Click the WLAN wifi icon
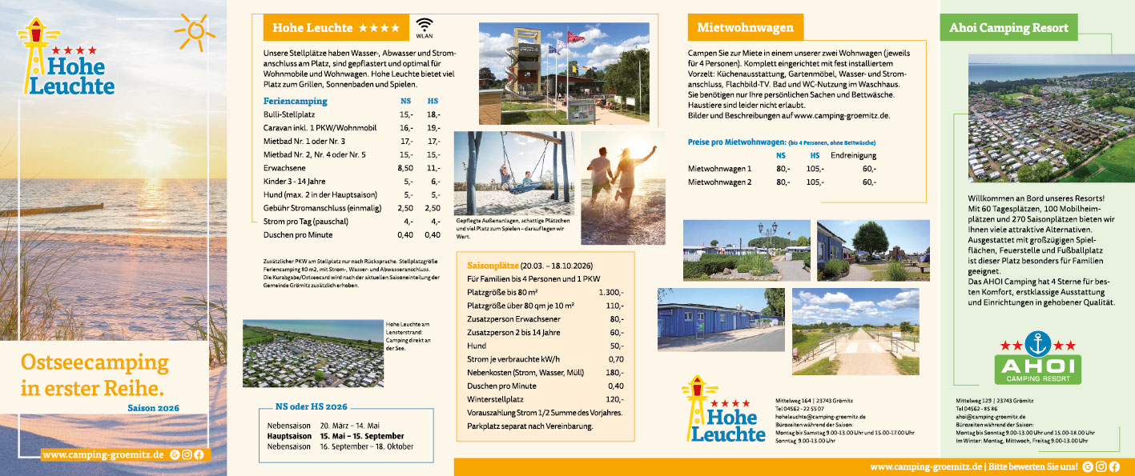point(424,26)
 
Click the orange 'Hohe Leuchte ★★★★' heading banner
point(336,28)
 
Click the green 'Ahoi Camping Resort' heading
point(1008,28)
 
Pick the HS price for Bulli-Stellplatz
point(433,114)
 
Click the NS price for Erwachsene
point(405,168)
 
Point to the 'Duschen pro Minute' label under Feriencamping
point(299,235)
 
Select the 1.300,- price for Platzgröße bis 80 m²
point(610,293)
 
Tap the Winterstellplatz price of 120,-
point(615,399)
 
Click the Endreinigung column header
point(853,155)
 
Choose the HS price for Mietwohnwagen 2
point(815,182)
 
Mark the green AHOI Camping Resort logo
point(1037,359)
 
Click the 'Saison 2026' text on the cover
point(154,408)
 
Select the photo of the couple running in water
point(622,188)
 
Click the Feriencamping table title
point(295,102)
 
